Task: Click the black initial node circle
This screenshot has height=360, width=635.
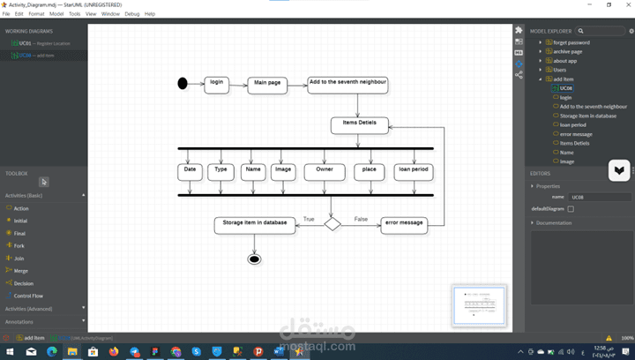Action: coord(183,84)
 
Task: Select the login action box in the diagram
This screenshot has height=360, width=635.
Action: coord(216,85)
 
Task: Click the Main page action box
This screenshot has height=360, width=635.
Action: coord(268,85)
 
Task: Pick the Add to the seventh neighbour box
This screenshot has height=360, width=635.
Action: coord(347,85)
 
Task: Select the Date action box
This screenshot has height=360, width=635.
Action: coord(190,171)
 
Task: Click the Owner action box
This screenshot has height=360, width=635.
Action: coord(325,171)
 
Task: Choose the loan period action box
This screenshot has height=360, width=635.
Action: coord(413,171)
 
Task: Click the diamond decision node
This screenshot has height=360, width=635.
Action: coord(332,224)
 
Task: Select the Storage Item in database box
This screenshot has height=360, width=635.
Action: coord(254,225)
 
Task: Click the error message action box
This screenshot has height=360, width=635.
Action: coord(403,225)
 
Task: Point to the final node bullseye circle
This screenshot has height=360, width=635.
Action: coord(254,259)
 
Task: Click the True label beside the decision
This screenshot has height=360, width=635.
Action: coord(309,218)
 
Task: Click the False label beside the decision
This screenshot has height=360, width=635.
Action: coord(361,218)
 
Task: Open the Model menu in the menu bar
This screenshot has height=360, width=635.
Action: coord(56,14)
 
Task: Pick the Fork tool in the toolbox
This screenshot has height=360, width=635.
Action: coord(19,245)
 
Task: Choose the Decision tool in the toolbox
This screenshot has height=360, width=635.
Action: coord(24,283)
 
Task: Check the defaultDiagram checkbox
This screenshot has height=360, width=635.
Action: coord(571,209)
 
